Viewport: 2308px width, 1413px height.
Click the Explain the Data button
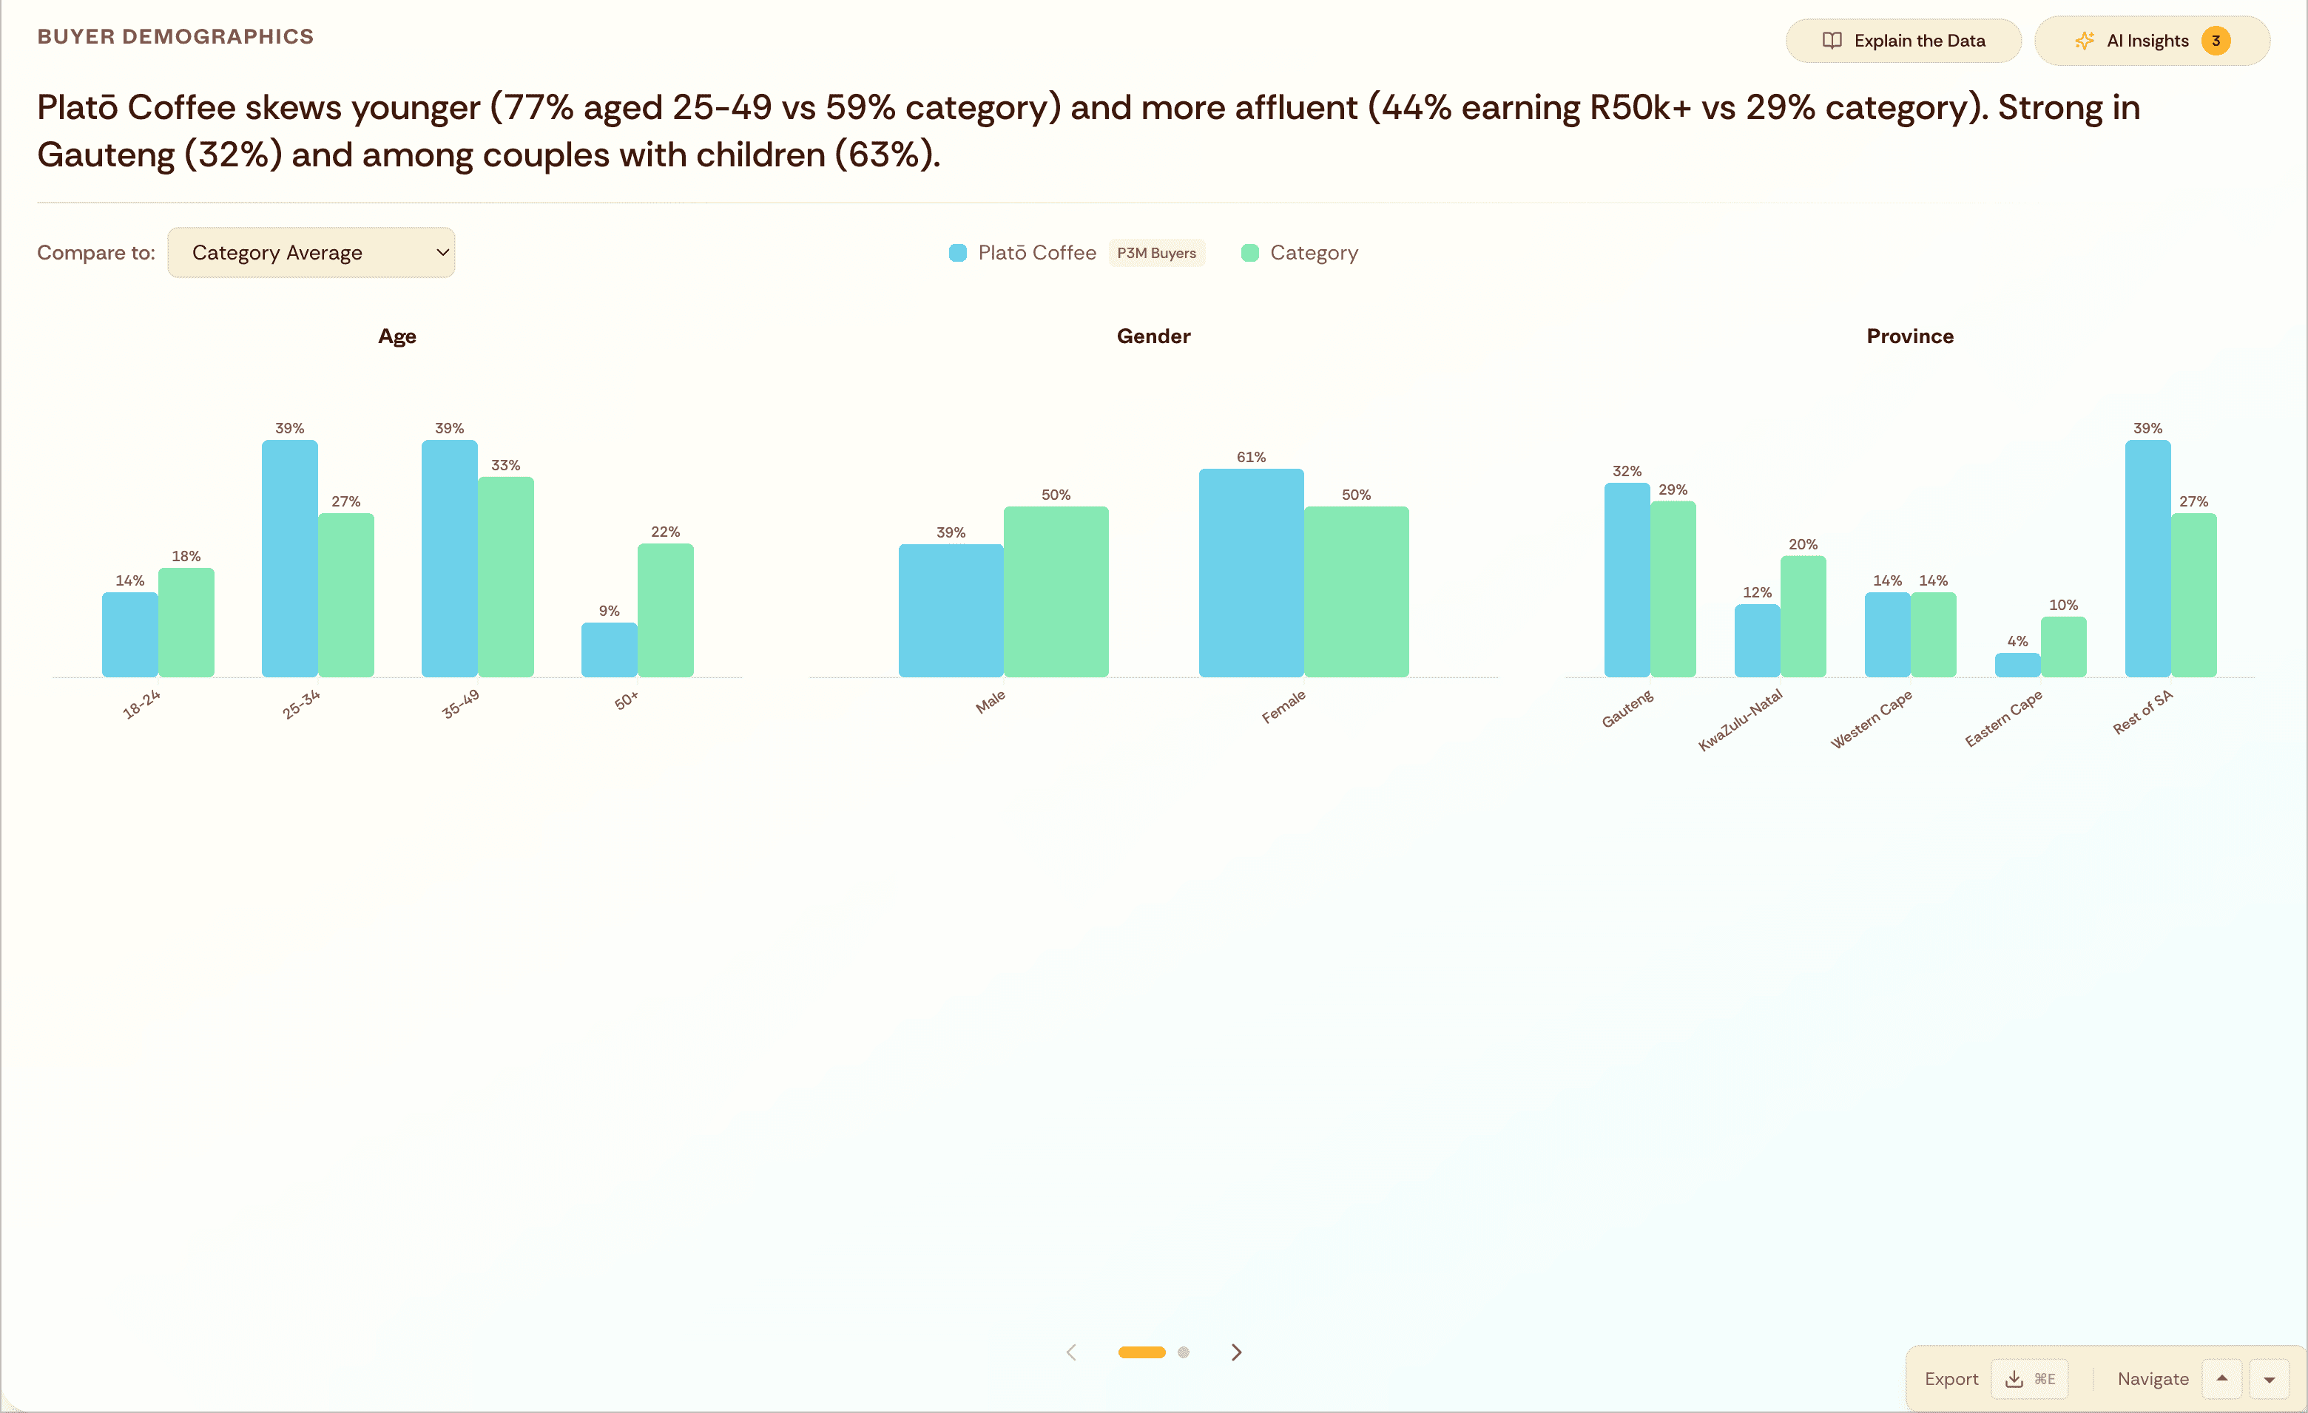(1903, 40)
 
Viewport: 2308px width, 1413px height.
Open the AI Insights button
(2150, 40)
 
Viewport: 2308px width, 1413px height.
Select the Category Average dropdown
(310, 253)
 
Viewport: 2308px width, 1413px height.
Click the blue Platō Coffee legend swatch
(957, 253)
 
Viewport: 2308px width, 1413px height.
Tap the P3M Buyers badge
(1156, 253)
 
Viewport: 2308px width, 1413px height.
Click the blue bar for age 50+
(609, 650)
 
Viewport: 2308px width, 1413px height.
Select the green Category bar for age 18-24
(186, 623)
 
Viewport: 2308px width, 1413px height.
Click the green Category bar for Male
(1056, 592)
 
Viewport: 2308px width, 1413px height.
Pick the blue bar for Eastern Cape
(2017, 665)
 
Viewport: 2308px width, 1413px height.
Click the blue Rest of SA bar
(2147, 559)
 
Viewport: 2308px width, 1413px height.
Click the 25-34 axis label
(300, 703)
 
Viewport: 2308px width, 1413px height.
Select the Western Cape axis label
(1872, 719)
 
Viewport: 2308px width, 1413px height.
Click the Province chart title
(1909, 336)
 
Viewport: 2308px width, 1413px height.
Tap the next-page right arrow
(1236, 1352)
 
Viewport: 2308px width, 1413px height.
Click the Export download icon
(2013, 1379)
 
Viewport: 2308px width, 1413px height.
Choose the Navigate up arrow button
(2222, 1378)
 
